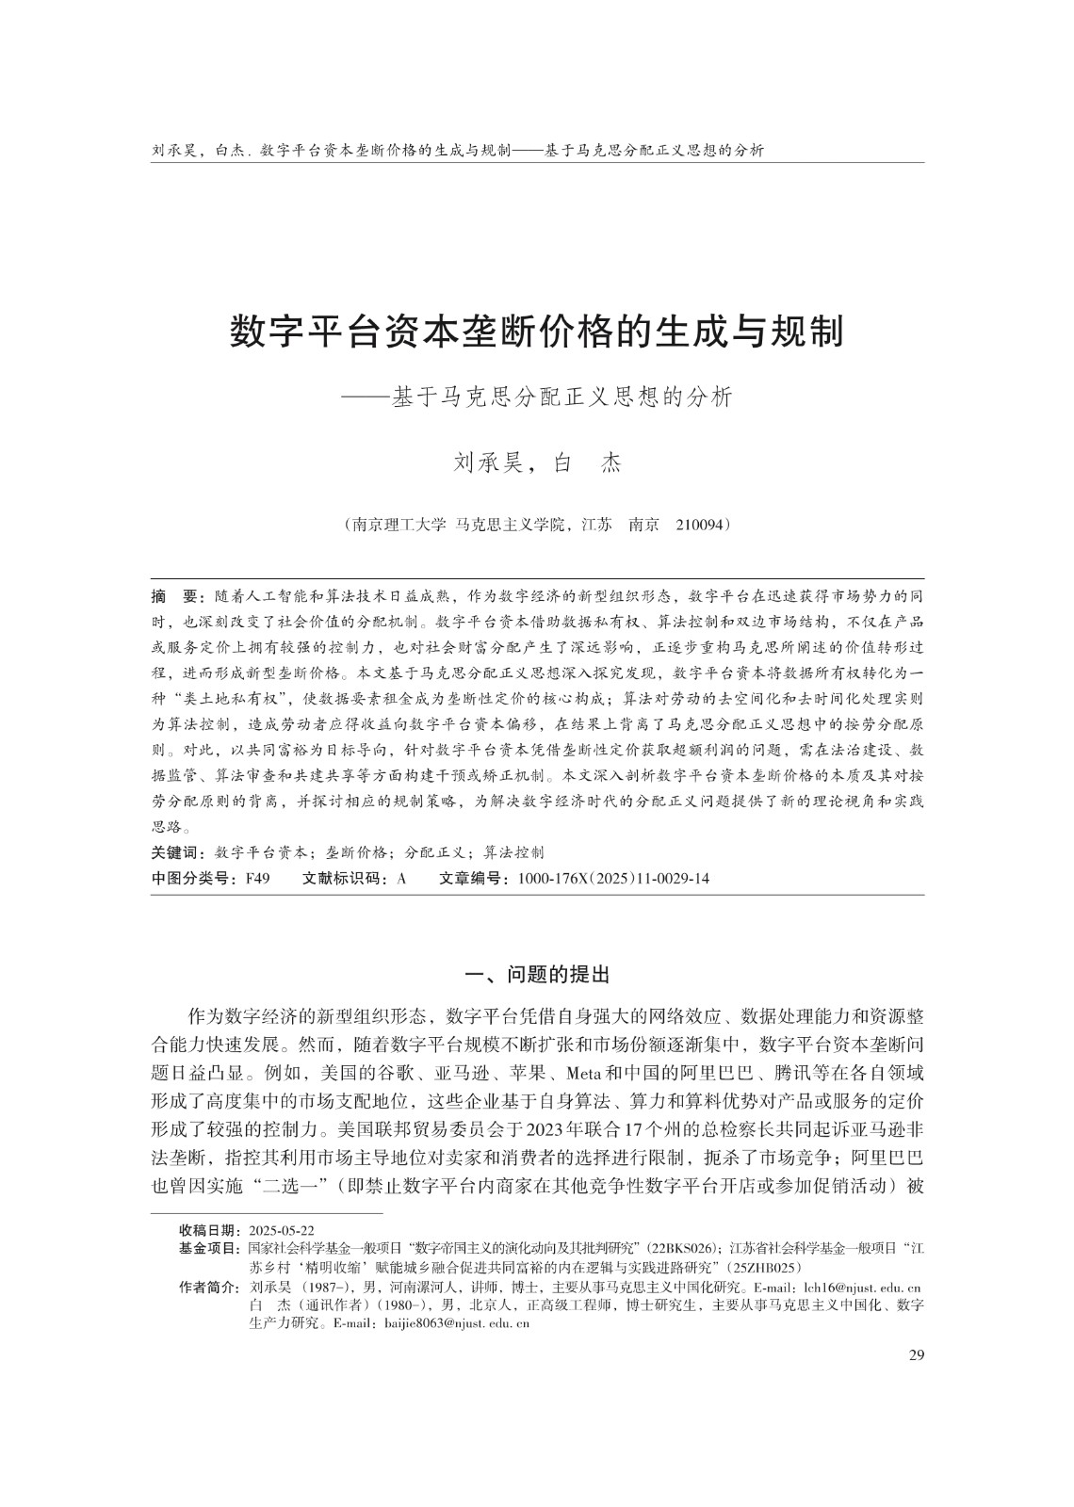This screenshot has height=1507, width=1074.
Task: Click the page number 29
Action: pos(916,1355)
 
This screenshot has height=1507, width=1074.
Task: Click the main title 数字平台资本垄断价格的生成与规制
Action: pos(537,332)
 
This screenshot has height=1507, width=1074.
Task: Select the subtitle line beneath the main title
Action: pos(537,397)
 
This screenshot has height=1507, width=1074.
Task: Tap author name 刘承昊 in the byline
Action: pos(487,463)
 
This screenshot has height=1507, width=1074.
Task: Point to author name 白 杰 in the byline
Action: pos(588,463)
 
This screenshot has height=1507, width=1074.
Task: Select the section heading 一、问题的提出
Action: pos(537,973)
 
